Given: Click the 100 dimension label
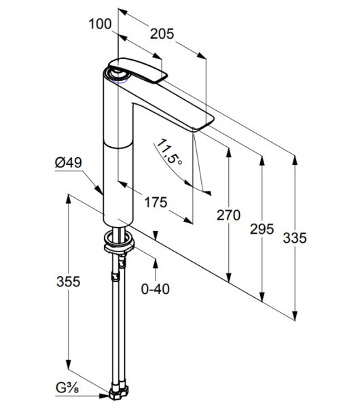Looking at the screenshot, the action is (x=100, y=24).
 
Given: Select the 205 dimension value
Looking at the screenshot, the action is (x=162, y=34).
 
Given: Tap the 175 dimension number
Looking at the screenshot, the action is (x=156, y=202).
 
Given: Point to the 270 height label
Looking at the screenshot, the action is (x=228, y=215).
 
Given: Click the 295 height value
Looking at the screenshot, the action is (x=262, y=229).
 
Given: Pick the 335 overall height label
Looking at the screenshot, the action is (x=295, y=238).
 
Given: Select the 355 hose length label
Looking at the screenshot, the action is (x=69, y=282).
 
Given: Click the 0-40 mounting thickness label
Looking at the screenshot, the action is (x=156, y=289).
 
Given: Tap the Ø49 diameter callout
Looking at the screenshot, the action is (x=69, y=163).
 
